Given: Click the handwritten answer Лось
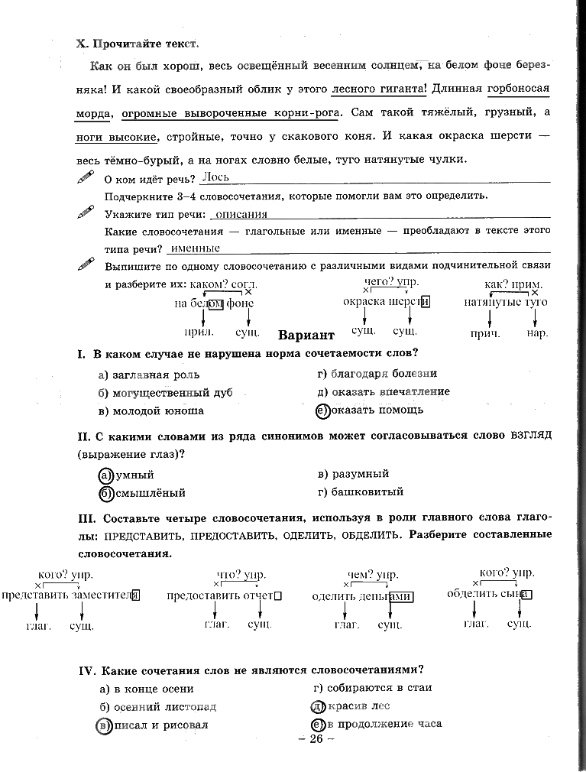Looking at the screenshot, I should (x=215, y=177).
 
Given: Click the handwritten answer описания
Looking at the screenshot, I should (x=241, y=215).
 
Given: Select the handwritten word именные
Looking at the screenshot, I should (x=196, y=248).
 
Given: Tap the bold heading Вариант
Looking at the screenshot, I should (x=306, y=336).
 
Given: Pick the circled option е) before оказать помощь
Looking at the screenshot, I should (x=322, y=410).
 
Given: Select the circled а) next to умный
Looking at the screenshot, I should (x=106, y=475).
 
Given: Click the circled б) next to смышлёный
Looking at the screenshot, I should (x=106, y=493).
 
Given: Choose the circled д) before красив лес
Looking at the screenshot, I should (x=317, y=706).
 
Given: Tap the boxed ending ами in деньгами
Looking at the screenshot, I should (x=400, y=597).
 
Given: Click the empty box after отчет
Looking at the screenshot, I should (x=277, y=596).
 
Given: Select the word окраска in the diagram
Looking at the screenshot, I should (x=364, y=302).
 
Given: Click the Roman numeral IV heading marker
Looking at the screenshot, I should (x=86, y=670).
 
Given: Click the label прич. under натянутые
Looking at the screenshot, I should (x=485, y=333).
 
